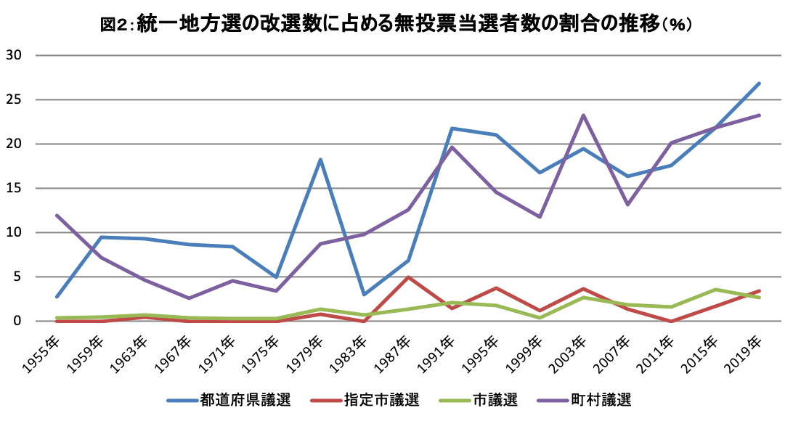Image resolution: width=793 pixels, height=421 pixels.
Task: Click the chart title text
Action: (x=396, y=24)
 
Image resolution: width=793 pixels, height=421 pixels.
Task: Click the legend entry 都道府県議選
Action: (x=245, y=400)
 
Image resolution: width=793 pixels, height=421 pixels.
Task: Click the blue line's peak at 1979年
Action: (x=320, y=160)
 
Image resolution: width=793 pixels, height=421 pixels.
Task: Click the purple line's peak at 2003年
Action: (x=583, y=115)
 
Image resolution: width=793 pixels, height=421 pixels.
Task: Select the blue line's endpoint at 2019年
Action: (x=759, y=83)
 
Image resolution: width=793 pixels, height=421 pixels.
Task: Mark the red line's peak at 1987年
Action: (x=408, y=277)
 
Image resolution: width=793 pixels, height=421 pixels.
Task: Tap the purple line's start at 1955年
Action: (x=57, y=216)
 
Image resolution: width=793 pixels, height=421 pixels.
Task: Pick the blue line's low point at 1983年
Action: (x=364, y=295)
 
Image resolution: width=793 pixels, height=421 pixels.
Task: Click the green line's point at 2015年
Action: (x=715, y=290)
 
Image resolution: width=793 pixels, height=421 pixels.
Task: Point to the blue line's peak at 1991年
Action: (x=452, y=128)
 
